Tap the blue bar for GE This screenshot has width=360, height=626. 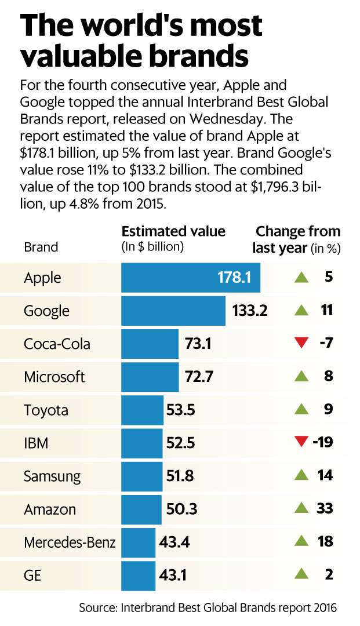pos(139,576)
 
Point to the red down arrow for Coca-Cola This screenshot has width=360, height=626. pos(300,344)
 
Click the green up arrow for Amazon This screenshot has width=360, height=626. pos(300,509)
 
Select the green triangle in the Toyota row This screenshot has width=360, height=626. pos(300,410)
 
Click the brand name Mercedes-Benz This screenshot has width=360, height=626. pos(70,543)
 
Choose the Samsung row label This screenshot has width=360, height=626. pos(52,476)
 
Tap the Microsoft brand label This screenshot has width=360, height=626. pos(54,377)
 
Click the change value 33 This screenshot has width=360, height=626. pos(325,509)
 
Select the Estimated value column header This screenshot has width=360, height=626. pos(173,232)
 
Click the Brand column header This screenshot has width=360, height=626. pos(41,247)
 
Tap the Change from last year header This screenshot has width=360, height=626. pos(297,239)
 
